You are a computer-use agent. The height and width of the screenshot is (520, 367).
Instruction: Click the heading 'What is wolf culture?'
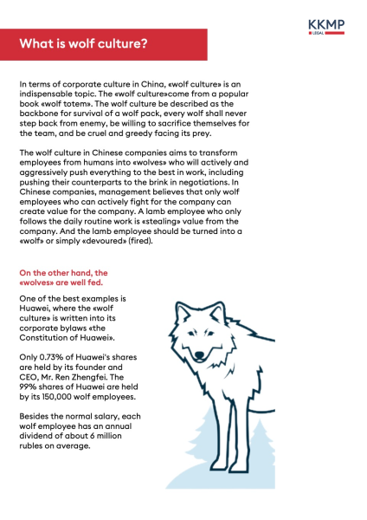(x=83, y=43)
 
